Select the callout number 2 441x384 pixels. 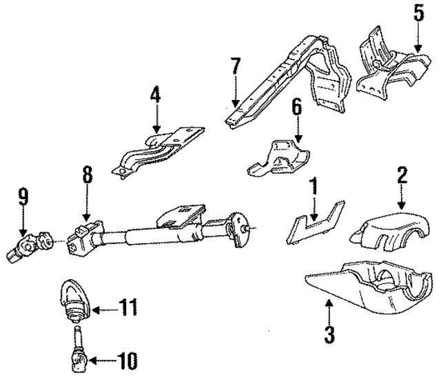pyautogui.click(x=402, y=174)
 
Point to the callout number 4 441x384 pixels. pyautogui.click(x=156, y=94)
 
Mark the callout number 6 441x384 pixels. pyautogui.click(x=297, y=107)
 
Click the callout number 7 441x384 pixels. pyautogui.click(x=236, y=68)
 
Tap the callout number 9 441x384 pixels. pyautogui.click(x=23, y=198)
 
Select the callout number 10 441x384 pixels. pyautogui.click(x=127, y=359)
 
